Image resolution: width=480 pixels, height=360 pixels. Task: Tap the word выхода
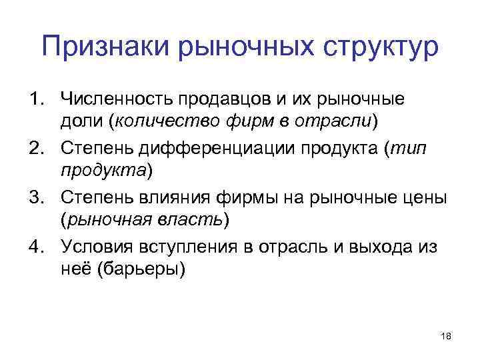pos(376,247)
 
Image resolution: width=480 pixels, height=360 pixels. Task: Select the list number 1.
pos(34,100)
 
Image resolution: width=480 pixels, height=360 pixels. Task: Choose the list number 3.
pos(34,198)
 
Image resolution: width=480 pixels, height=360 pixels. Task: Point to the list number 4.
pos(34,247)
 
